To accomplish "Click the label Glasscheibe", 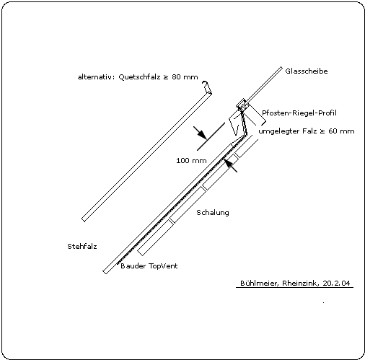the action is (x=307, y=71).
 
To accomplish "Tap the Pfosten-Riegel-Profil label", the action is (x=299, y=113).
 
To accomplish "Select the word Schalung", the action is (x=213, y=213).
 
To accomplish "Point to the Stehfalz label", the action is (x=82, y=247).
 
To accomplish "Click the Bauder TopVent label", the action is (x=149, y=266).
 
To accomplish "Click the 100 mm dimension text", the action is (x=191, y=161).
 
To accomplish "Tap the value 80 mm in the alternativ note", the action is (x=185, y=77).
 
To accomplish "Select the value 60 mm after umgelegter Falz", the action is (x=341, y=131).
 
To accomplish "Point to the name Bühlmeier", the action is (x=260, y=283).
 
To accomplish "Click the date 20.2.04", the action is (x=336, y=283).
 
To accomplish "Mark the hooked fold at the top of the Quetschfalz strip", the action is (x=207, y=87).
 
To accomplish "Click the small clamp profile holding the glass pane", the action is (x=242, y=105).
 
